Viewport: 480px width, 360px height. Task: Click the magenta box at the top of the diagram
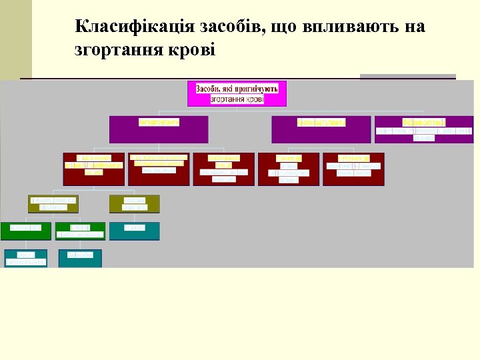click(x=237, y=94)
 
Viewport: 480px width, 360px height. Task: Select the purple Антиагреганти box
click(x=159, y=129)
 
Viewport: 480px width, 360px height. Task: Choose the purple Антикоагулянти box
click(x=321, y=129)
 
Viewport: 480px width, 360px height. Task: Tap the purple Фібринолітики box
click(x=424, y=129)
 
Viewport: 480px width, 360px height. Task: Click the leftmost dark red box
click(x=94, y=169)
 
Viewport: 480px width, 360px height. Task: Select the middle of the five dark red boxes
click(x=224, y=169)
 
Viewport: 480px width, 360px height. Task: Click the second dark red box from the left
click(x=159, y=169)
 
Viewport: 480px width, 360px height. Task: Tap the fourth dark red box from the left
click(x=289, y=169)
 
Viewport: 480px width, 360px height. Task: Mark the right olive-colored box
click(x=134, y=204)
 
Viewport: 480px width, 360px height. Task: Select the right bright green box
click(x=80, y=231)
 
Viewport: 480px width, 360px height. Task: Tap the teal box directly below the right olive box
click(x=134, y=231)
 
